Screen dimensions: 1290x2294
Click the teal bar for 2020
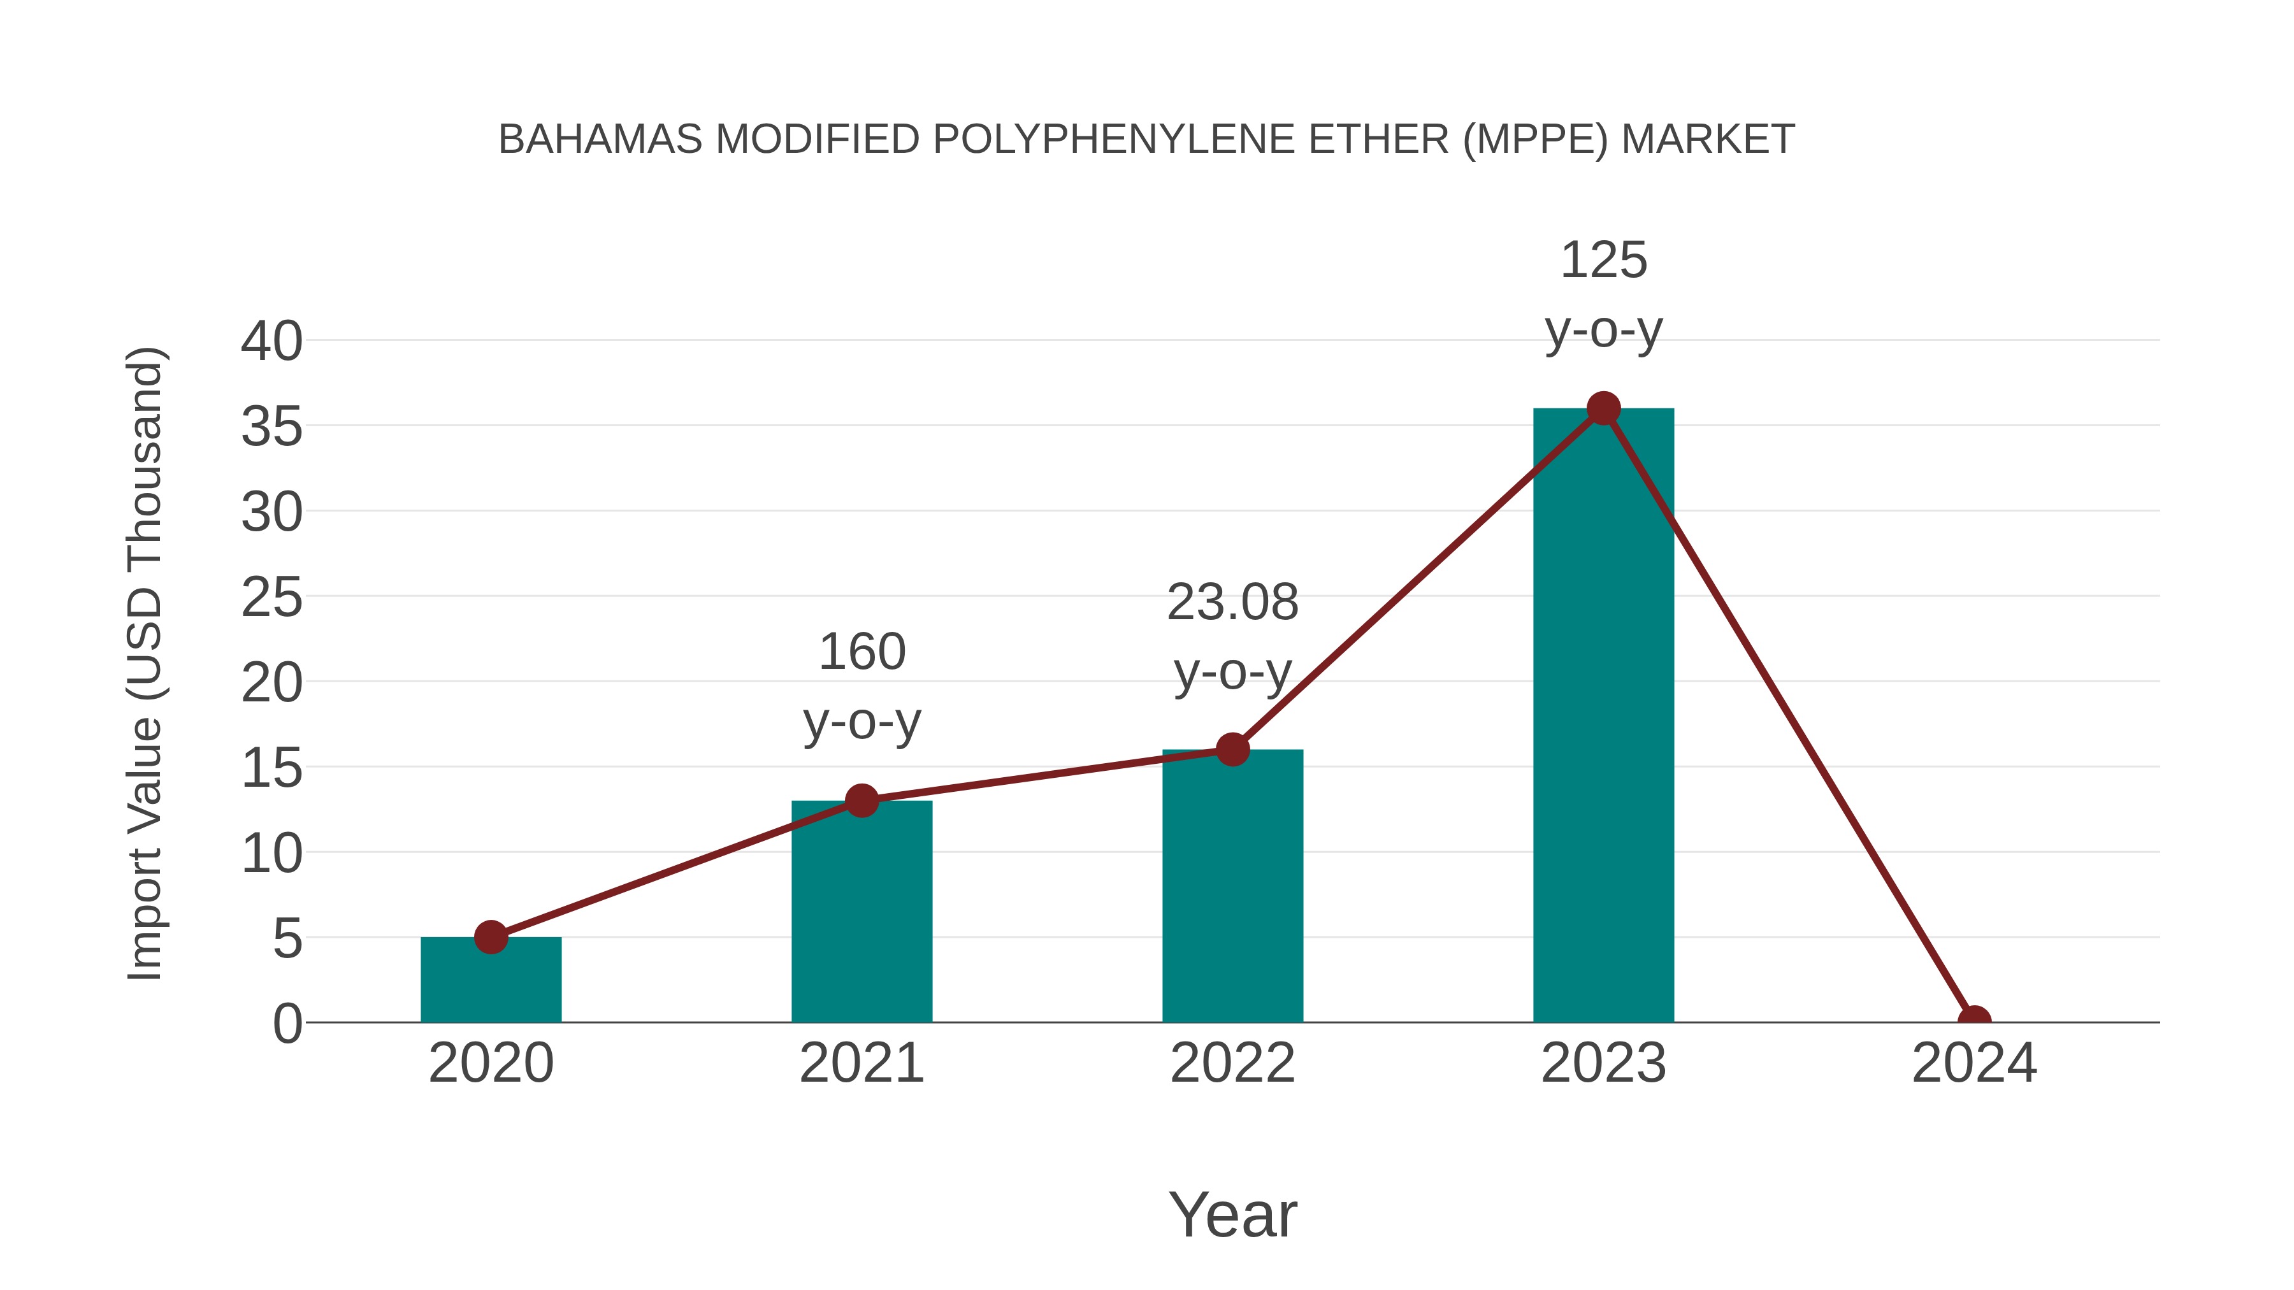click(x=491, y=981)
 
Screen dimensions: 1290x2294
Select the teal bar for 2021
click(x=861, y=912)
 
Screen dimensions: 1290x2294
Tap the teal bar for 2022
click(x=1232, y=887)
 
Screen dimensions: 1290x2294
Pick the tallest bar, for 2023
click(x=1603, y=716)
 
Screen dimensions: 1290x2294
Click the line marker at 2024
click(x=1974, y=1021)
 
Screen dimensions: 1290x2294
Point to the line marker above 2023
click(x=1603, y=408)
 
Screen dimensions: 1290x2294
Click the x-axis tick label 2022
click(x=1232, y=1063)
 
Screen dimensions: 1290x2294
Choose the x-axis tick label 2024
click(x=1974, y=1063)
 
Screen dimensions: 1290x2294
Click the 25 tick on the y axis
click(x=271, y=598)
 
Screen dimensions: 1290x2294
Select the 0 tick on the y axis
click(x=287, y=1023)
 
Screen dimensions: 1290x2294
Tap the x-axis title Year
click(x=1232, y=1214)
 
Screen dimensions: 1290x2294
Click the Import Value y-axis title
click(x=144, y=663)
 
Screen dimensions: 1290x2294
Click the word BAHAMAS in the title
click(x=600, y=140)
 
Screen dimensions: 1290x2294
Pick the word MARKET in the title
click(x=1707, y=140)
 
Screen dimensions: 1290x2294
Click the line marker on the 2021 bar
click(x=861, y=800)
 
